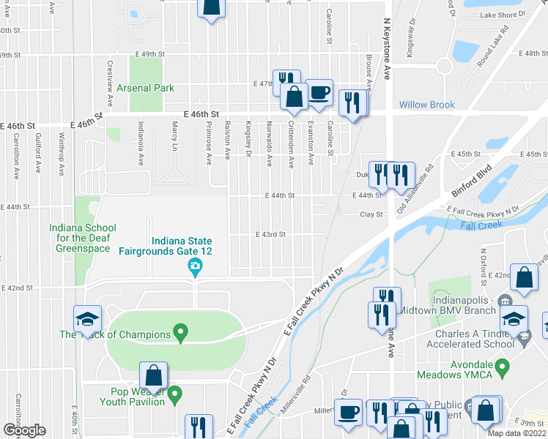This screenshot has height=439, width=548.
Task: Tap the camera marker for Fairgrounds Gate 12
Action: pyautogui.click(x=195, y=266)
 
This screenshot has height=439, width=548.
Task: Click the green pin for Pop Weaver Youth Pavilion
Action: pyautogui.click(x=174, y=396)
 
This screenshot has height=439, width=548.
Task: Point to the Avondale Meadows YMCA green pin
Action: pyautogui.click(x=502, y=365)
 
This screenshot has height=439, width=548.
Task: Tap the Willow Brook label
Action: pyautogui.click(x=427, y=105)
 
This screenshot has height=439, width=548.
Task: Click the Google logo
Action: pyautogui.click(x=24, y=430)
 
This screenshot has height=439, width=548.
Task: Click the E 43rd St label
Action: pyautogui.click(x=270, y=234)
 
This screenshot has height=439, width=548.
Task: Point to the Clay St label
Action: pyautogui.click(x=371, y=214)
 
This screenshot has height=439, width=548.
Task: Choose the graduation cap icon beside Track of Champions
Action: pyautogui.click(x=87, y=319)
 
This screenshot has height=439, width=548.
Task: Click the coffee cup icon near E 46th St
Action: pyautogui.click(x=319, y=92)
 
